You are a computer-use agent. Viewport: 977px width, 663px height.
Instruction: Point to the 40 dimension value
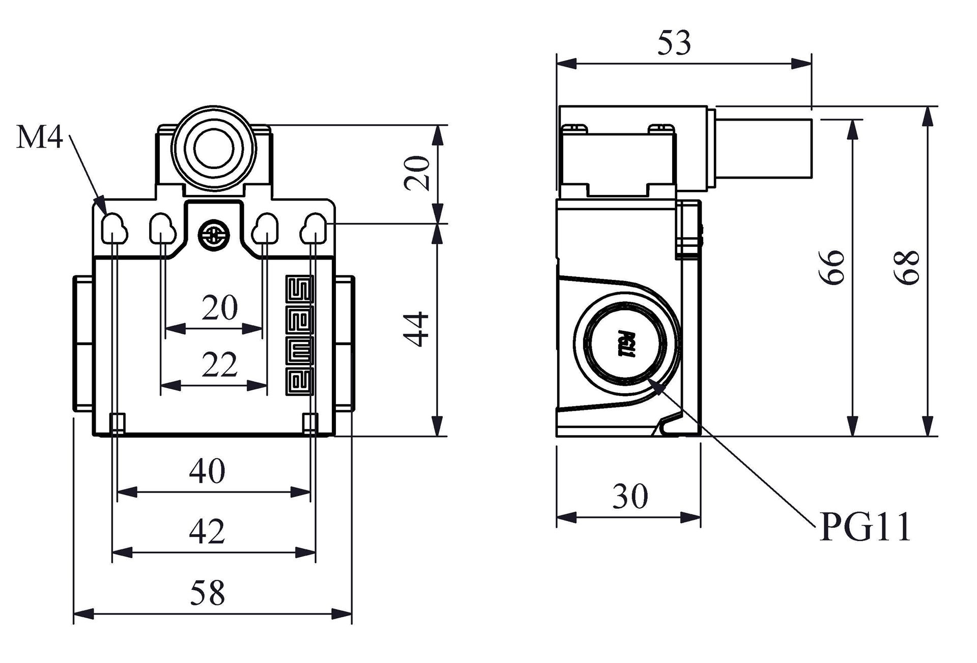pos(207,471)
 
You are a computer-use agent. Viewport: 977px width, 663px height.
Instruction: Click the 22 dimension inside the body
pos(219,365)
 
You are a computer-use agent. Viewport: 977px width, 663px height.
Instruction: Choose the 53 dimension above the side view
pos(674,43)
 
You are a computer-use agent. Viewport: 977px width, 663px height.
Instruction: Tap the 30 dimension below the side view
pos(630,497)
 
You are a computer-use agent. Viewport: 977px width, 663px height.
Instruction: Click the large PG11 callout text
pos(865,528)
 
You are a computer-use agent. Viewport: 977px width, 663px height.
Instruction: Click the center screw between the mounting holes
pos(214,235)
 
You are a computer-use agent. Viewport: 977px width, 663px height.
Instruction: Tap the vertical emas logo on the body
pos(300,335)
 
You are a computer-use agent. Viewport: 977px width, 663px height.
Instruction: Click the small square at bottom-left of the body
pos(118,423)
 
